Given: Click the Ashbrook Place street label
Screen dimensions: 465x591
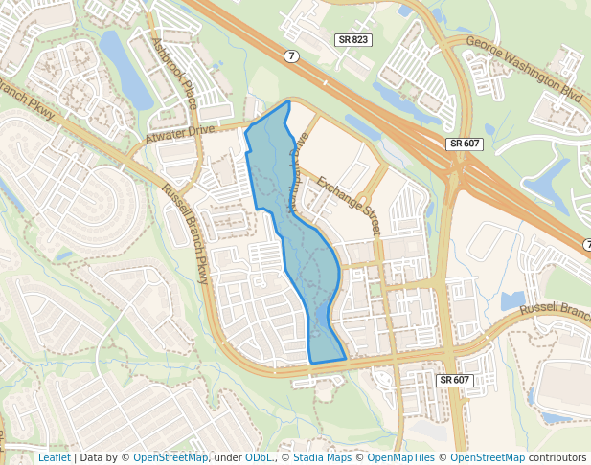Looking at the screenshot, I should tap(174, 73).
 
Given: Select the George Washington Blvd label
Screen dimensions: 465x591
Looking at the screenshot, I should tap(524, 69).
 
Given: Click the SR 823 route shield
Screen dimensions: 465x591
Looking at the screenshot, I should tap(352, 39).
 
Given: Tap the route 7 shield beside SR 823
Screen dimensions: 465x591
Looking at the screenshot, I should tap(291, 56).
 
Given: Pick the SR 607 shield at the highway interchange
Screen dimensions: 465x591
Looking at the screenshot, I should tap(464, 144).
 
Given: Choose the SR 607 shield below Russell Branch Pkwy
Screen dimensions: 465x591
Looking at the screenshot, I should tap(454, 380).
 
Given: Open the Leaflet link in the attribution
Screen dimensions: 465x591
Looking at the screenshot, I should tap(54, 457).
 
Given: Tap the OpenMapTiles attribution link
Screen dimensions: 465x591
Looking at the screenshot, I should tap(401, 457).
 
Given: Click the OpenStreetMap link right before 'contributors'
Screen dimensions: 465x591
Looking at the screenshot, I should tap(488, 457).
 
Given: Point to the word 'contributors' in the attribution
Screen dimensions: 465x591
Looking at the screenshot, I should tap(557, 457).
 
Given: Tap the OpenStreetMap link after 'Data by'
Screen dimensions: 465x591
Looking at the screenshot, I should tap(170, 457).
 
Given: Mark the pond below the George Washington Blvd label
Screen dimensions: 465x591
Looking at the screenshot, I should tap(548, 177).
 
